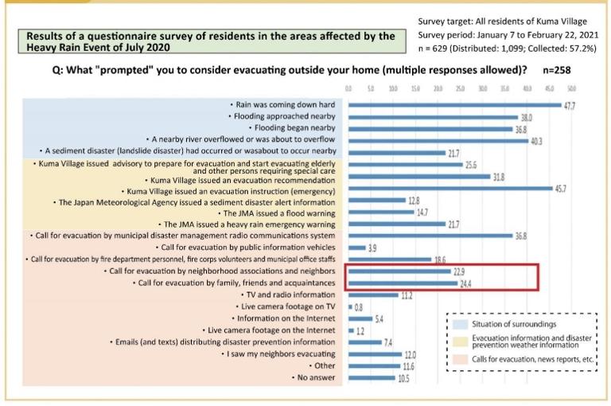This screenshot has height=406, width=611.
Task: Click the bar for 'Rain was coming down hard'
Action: pyautogui.click(x=453, y=105)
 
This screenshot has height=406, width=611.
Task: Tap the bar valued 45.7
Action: pyautogui.click(x=449, y=188)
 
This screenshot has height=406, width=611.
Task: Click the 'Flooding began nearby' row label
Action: pyautogui.click(x=292, y=127)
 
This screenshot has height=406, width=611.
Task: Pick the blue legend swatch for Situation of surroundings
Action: pyautogui.click(x=459, y=325)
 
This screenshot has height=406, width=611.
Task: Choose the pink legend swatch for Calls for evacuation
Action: pyautogui.click(x=459, y=359)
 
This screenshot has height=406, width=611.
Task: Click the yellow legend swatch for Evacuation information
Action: pyautogui.click(x=459, y=342)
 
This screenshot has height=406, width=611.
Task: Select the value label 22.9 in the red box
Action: pyautogui.click(x=459, y=271)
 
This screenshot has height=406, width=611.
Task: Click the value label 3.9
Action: pyautogui.click(x=372, y=248)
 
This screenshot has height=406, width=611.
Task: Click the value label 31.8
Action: pyautogui.click(x=500, y=176)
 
